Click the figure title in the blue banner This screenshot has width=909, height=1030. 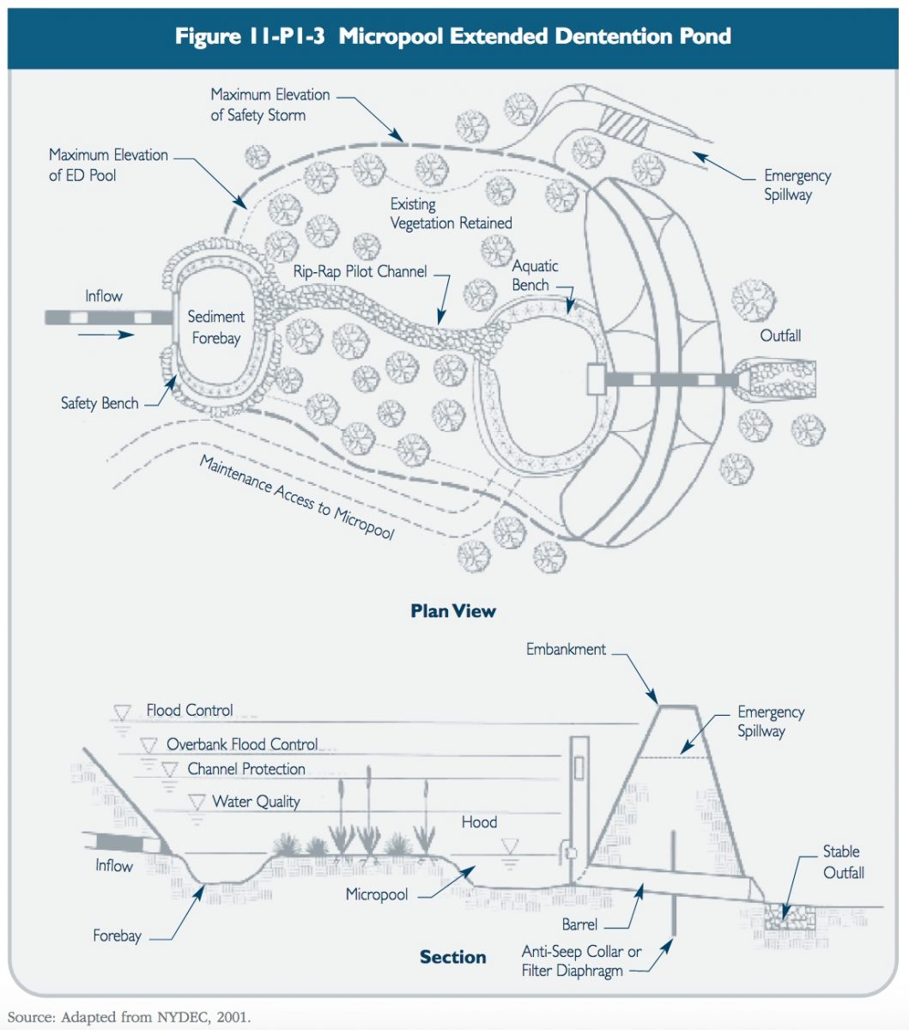coord(453,36)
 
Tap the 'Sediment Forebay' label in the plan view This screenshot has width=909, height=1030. coord(216,327)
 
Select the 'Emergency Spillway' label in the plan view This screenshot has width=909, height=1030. coord(797,185)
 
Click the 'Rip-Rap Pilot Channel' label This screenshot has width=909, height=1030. coord(360,272)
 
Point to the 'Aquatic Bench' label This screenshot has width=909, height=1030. coord(535,275)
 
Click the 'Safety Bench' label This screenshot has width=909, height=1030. coord(100,403)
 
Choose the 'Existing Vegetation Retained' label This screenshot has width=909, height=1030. coord(451,214)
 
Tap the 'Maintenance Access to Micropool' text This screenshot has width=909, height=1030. coord(297,497)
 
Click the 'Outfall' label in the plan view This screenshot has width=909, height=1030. coord(780,336)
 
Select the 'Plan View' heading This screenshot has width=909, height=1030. coord(453,611)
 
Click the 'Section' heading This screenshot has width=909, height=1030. coord(452,957)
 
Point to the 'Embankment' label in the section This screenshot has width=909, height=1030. coord(566,650)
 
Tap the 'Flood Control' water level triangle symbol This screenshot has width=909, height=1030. coord(122,712)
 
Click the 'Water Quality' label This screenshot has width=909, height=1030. coord(256,802)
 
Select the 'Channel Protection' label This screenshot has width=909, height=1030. coord(246,769)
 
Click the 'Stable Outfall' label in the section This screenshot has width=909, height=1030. coord(843,862)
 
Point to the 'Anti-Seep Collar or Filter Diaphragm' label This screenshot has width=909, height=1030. coord(581,961)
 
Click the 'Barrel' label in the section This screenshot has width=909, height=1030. coord(579,925)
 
